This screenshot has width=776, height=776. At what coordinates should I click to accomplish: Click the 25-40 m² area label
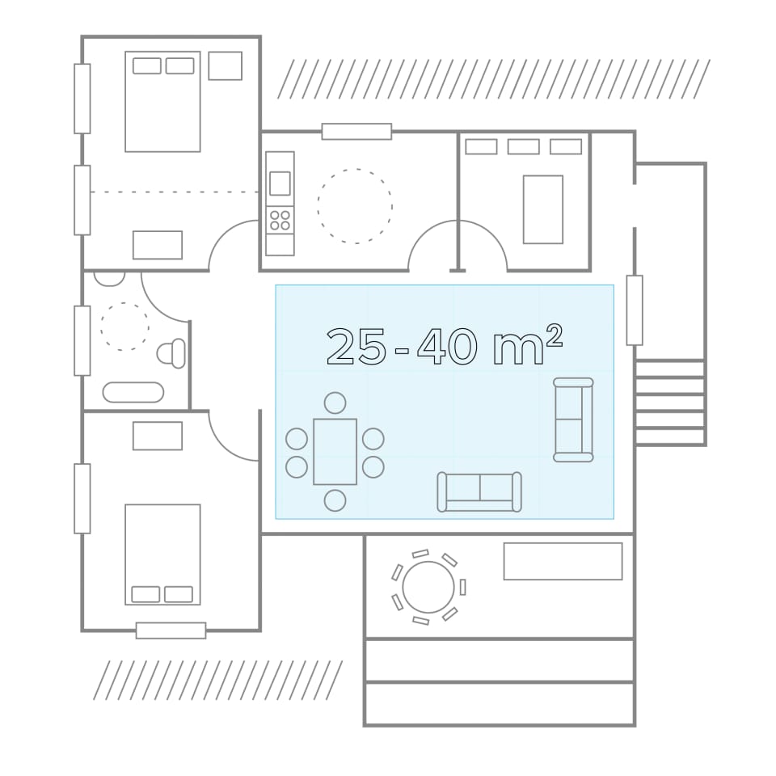click(x=445, y=346)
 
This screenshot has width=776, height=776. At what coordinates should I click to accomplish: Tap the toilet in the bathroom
click(x=171, y=353)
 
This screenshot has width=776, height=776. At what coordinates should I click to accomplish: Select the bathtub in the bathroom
click(x=133, y=392)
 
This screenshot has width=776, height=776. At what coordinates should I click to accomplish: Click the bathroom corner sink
click(x=109, y=278)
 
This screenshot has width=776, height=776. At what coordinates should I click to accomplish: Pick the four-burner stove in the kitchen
click(x=280, y=220)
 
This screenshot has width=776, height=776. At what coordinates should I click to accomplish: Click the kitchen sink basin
click(x=280, y=183)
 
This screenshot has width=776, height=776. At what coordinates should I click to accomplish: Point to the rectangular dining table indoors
click(x=335, y=452)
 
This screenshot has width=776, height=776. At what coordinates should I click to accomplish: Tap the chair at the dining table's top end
click(x=335, y=403)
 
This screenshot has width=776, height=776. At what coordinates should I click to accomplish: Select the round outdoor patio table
click(x=428, y=587)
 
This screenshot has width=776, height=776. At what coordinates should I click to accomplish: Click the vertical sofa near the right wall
click(x=573, y=420)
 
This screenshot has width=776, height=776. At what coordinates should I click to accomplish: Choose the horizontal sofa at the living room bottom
click(x=479, y=491)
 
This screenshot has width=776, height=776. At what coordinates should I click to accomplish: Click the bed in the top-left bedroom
click(x=162, y=102)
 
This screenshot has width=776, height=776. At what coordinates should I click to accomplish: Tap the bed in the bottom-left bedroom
click(x=162, y=555)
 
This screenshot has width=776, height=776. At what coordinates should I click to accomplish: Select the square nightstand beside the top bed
click(x=226, y=65)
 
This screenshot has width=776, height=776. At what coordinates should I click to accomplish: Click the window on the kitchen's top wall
click(x=356, y=132)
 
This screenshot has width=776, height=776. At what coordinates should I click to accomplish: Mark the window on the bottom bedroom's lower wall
click(x=171, y=630)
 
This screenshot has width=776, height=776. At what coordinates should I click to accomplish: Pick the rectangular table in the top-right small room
click(x=543, y=209)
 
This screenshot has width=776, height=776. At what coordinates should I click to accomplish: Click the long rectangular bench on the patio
click(x=563, y=561)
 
